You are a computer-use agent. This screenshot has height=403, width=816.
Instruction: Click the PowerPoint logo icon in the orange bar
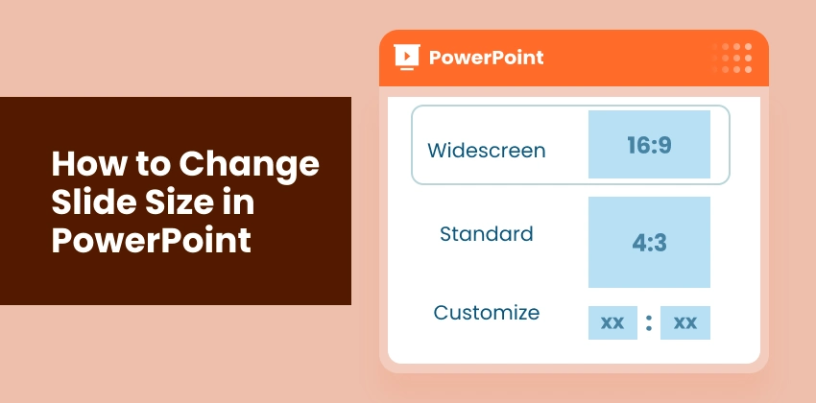[407, 57]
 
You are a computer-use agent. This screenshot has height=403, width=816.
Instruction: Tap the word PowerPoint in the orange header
[486, 58]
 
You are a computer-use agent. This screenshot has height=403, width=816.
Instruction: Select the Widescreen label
[487, 151]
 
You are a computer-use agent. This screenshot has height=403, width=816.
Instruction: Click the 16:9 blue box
[649, 144]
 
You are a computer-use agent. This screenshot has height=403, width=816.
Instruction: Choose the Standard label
[487, 233]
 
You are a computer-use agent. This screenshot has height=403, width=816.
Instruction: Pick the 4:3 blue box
[649, 242]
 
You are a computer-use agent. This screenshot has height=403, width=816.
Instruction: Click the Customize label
[487, 313]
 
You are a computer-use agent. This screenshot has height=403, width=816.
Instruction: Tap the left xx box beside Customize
[612, 323]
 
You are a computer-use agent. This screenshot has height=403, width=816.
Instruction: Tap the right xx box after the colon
[685, 323]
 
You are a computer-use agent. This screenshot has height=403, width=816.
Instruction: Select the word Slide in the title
[87, 201]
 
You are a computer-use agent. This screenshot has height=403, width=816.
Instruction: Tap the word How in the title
[84, 164]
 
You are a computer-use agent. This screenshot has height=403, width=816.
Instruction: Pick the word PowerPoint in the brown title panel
[151, 239]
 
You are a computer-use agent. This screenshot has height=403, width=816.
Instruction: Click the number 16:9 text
[649, 145]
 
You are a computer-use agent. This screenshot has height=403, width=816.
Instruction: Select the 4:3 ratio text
[649, 243]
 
